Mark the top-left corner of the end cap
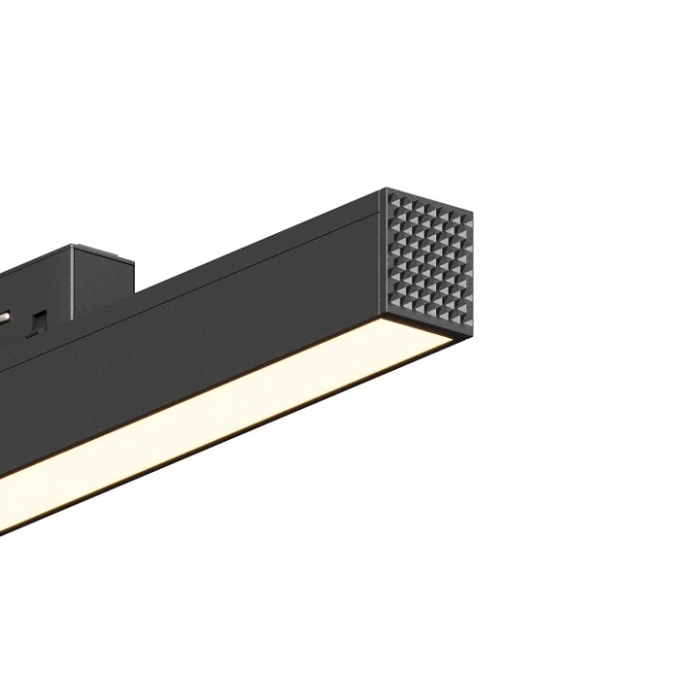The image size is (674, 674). (x=388, y=190)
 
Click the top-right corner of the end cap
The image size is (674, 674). (x=473, y=210)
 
